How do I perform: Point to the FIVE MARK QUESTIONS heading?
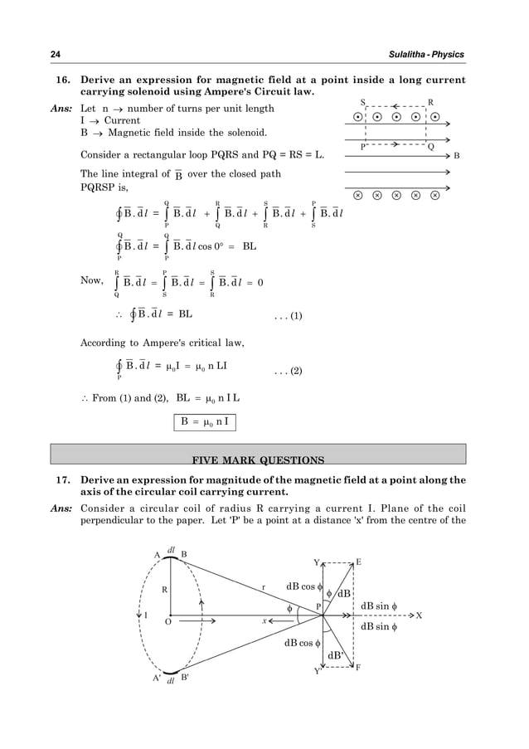(x=258, y=459)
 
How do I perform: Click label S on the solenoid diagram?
(x=362, y=101)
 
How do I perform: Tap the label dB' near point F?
(x=336, y=655)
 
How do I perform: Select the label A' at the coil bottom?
(x=156, y=677)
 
